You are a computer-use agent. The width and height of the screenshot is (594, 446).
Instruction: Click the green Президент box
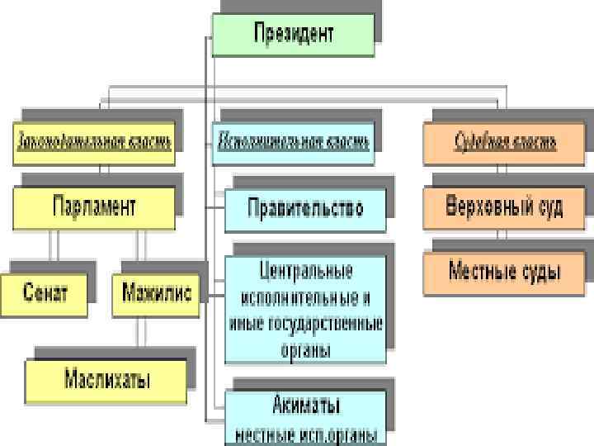point(293,35)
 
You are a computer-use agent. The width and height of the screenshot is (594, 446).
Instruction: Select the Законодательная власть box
point(94,142)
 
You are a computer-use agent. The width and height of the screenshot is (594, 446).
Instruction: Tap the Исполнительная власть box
point(294,142)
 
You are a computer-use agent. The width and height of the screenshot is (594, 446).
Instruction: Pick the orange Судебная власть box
point(505,142)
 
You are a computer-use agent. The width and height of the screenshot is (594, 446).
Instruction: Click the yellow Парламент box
point(94,207)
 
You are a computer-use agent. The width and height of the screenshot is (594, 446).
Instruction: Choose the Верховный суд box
point(505,207)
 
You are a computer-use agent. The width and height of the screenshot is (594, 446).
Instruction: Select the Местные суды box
point(505,272)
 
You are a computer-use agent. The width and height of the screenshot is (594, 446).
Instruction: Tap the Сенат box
point(45,292)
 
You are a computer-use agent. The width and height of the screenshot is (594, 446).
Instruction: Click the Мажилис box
point(156,292)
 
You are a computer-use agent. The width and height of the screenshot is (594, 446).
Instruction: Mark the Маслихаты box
point(107,380)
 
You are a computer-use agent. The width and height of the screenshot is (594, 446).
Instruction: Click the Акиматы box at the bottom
point(306,406)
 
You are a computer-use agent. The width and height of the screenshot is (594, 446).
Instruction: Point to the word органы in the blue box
point(306,350)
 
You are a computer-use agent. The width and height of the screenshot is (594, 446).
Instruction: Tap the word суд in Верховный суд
point(546,207)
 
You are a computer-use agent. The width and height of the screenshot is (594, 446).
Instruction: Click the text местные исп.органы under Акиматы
point(306,434)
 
